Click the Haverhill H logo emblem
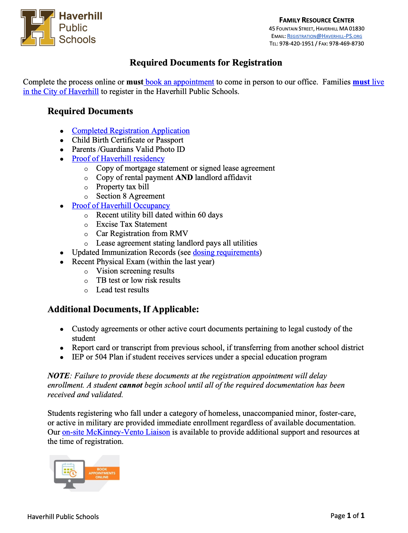coord(38,28)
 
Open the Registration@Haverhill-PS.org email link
coord(324,36)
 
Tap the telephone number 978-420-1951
coord(296,44)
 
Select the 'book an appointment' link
coord(180,82)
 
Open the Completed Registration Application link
coord(131,131)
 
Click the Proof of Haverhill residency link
coord(118,159)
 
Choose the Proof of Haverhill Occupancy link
coord(121,206)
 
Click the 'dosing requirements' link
coord(226,252)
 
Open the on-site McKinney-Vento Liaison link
coord(116,432)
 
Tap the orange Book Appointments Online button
coord(102,473)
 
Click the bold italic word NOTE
coord(59,376)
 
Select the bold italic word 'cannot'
coord(131,385)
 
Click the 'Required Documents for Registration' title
coord(206,63)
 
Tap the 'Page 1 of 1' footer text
coord(347,516)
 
